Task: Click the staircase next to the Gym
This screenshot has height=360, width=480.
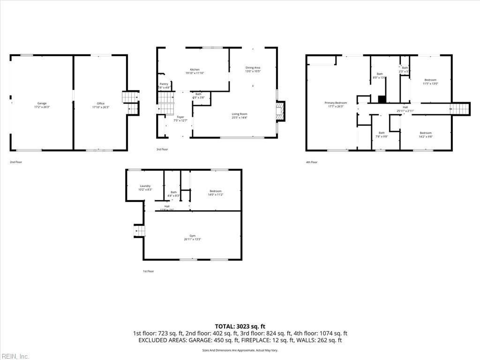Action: click(x=139, y=231)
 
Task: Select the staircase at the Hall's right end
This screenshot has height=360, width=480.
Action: click(x=459, y=109)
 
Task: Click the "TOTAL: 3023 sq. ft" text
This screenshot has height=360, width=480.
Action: click(x=240, y=326)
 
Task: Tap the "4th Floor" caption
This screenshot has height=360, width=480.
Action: click(x=312, y=162)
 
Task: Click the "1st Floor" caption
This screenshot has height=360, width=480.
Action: click(x=148, y=271)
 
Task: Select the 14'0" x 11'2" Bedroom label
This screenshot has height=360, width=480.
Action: click(x=215, y=192)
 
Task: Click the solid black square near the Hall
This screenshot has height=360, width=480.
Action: click(x=382, y=99)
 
